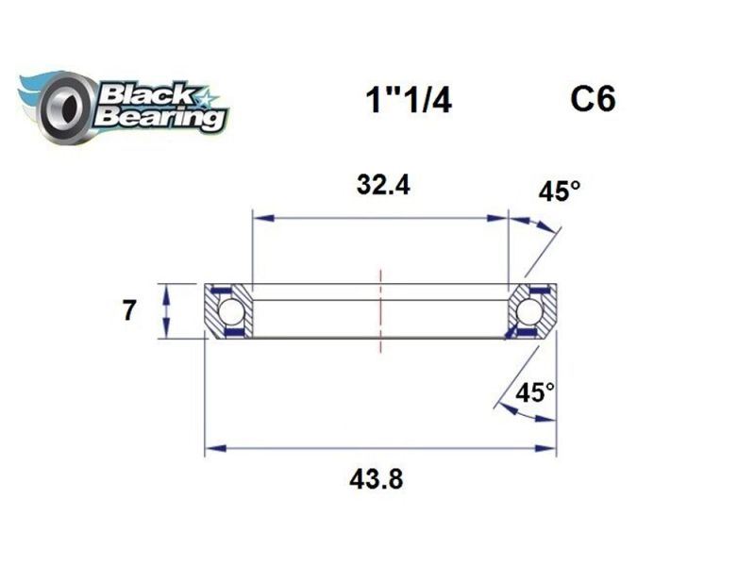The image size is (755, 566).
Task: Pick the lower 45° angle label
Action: pyautogui.click(x=535, y=391)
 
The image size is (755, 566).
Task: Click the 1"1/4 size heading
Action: pyautogui.click(x=408, y=100)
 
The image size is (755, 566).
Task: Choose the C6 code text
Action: pyautogui.click(x=593, y=98)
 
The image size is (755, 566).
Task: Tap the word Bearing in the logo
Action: pyautogui.click(x=160, y=119)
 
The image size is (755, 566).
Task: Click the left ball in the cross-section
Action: pyautogui.click(x=230, y=311)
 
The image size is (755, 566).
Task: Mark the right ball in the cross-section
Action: pyautogui.click(x=529, y=311)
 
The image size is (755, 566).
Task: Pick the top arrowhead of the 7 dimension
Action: pyautogui.click(x=166, y=290)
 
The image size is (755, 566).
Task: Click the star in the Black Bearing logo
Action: pyautogui.click(x=204, y=96)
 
